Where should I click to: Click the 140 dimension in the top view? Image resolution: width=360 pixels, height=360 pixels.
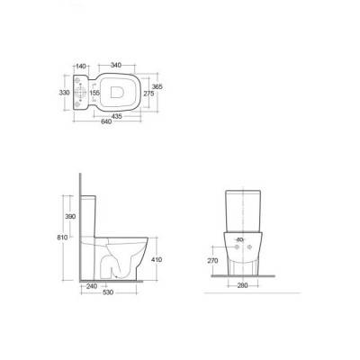click(81, 66)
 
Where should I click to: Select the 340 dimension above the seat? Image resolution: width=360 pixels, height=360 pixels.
click(116, 65)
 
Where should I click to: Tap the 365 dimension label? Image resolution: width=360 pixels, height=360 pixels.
click(157, 86)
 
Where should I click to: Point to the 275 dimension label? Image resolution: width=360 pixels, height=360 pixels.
click(148, 94)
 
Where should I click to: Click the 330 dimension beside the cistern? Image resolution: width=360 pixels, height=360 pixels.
click(64, 93)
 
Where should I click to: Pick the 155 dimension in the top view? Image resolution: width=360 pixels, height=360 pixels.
click(94, 93)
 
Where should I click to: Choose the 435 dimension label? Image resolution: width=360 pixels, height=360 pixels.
click(116, 116)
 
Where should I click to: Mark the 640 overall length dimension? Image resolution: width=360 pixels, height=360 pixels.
click(106, 121)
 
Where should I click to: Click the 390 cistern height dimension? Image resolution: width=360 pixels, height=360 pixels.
click(70, 216)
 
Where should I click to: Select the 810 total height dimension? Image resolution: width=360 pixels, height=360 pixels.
click(62, 238)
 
